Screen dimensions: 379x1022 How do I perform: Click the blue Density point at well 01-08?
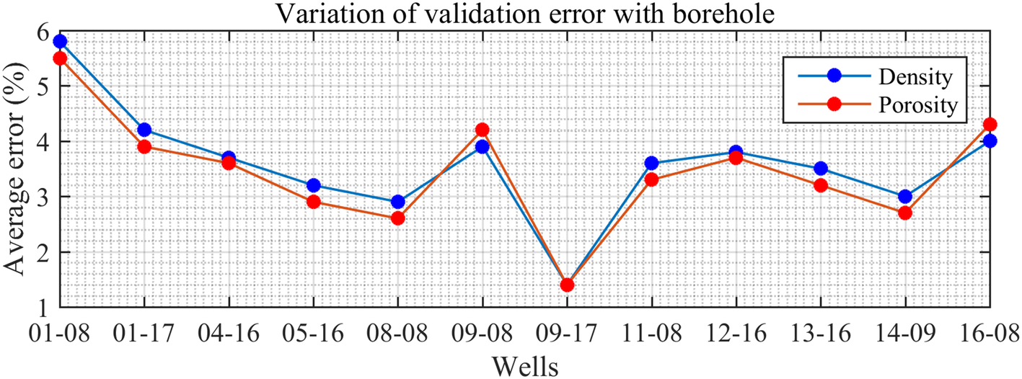pos(60,42)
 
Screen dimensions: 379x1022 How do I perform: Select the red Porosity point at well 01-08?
pos(60,58)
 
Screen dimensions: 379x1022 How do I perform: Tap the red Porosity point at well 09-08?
pos(482,130)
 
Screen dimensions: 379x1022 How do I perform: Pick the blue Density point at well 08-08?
pos(397,202)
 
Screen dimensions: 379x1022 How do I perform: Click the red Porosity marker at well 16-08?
pos(990,125)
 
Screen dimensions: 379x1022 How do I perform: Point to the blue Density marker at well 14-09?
pos(905,197)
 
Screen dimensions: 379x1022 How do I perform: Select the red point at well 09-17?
pos(567,285)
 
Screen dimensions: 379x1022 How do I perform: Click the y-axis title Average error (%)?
pos(16,169)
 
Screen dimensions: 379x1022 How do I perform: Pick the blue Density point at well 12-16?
pos(736,153)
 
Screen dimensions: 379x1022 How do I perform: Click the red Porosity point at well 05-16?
pos(313,202)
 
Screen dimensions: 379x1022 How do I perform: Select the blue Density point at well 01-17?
pos(144,130)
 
